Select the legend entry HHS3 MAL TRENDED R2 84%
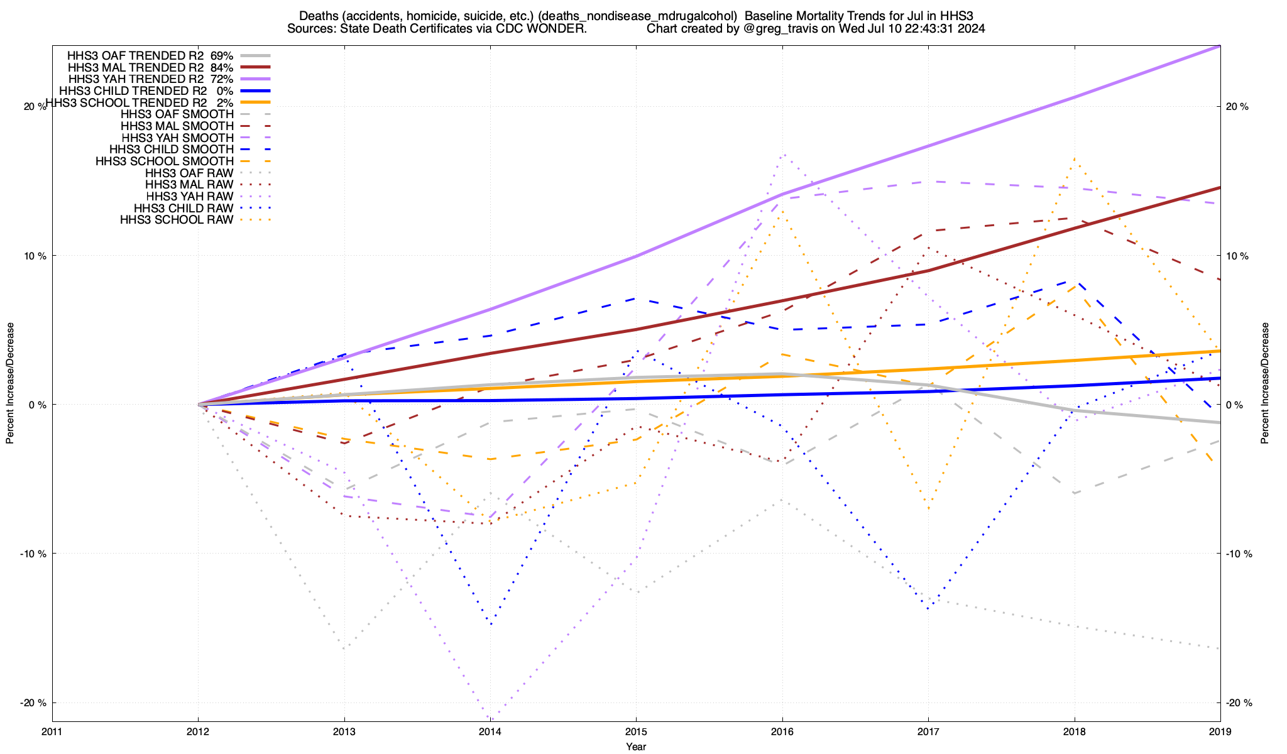[x=150, y=67]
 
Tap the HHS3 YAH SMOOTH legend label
[x=177, y=138]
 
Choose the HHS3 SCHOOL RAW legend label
[x=177, y=220]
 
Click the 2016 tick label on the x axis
[x=782, y=731]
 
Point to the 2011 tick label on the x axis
[x=52, y=731]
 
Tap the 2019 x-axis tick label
[x=1220, y=731]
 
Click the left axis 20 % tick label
[x=35, y=107]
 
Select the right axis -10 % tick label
[x=1239, y=554]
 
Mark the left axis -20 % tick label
[x=34, y=703]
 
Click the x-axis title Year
[x=636, y=746]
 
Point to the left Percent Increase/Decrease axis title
[x=10, y=383]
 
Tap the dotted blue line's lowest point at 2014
[x=490, y=624]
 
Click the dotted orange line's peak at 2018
[x=1075, y=159]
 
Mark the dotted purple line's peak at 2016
[x=782, y=153]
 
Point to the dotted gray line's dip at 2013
[x=344, y=648]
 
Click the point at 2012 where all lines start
[x=199, y=405]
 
